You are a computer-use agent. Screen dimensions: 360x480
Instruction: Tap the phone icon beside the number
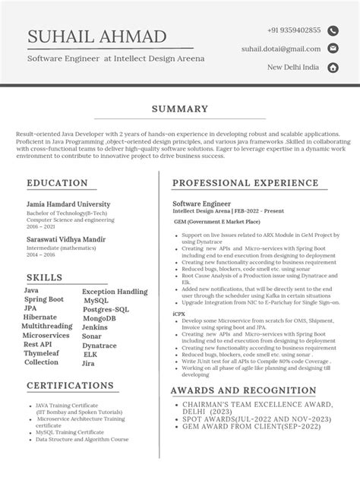[x=332, y=30]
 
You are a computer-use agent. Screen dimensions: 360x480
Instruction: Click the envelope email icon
[x=332, y=49]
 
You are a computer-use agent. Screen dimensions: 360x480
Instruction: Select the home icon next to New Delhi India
[x=332, y=68]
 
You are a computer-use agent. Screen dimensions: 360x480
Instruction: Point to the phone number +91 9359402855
[x=294, y=30]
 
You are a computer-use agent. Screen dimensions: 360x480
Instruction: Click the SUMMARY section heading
[x=179, y=109]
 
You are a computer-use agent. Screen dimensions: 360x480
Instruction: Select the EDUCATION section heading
[x=58, y=183]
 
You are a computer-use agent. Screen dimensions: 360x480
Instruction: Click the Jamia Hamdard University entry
[x=68, y=204]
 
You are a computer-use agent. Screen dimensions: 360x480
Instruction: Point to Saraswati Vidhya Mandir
[x=66, y=238]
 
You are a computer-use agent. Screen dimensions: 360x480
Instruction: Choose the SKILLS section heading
[x=45, y=277]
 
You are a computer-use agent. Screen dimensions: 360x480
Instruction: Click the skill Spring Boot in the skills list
[x=44, y=300]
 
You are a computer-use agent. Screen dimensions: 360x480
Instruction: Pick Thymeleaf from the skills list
[x=42, y=353]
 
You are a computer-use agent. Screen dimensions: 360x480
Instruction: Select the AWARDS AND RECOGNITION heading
[x=244, y=390]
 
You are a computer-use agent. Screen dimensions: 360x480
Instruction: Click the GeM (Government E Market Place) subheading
[x=217, y=222]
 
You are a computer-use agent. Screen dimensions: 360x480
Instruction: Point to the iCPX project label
[x=179, y=313]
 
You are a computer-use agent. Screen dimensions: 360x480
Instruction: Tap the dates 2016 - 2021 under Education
[x=42, y=226]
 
